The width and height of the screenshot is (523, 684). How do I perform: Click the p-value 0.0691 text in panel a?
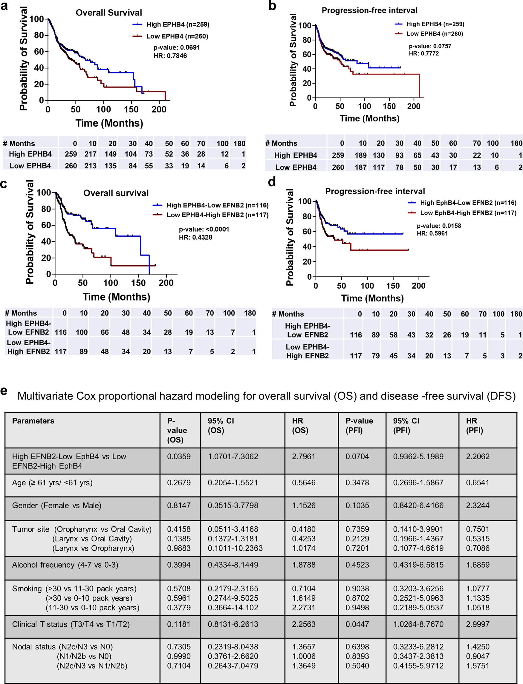click(177, 47)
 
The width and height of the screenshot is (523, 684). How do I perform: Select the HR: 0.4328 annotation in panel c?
click(195, 237)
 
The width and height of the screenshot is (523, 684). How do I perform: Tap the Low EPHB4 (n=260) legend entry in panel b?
click(434, 34)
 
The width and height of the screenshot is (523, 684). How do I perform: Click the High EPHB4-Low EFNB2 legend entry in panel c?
click(217, 205)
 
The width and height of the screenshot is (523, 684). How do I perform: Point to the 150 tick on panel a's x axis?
click(131, 110)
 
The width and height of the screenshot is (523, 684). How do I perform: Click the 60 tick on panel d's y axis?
click(307, 231)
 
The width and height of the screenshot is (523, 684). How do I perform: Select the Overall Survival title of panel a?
click(109, 13)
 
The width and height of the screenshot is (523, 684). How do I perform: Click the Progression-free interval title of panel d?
click(375, 191)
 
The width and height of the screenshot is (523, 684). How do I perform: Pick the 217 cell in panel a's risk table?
click(90, 154)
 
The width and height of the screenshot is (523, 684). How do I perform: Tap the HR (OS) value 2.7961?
click(304, 456)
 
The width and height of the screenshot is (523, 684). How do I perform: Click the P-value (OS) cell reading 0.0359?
click(179, 456)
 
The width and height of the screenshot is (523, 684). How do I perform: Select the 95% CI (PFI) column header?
click(406, 425)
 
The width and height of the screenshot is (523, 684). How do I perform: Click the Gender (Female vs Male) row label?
click(57, 506)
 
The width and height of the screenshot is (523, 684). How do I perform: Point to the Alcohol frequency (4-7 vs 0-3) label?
click(65, 565)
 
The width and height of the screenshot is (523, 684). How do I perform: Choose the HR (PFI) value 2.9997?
click(478, 624)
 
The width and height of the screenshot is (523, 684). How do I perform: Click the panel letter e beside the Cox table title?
click(4, 391)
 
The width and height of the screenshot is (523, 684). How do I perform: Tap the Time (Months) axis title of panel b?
click(369, 118)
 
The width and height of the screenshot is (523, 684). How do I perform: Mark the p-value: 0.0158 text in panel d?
click(439, 226)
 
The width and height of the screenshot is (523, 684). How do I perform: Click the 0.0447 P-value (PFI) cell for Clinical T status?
click(357, 624)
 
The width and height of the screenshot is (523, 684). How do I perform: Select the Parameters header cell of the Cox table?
click(33, 421)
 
